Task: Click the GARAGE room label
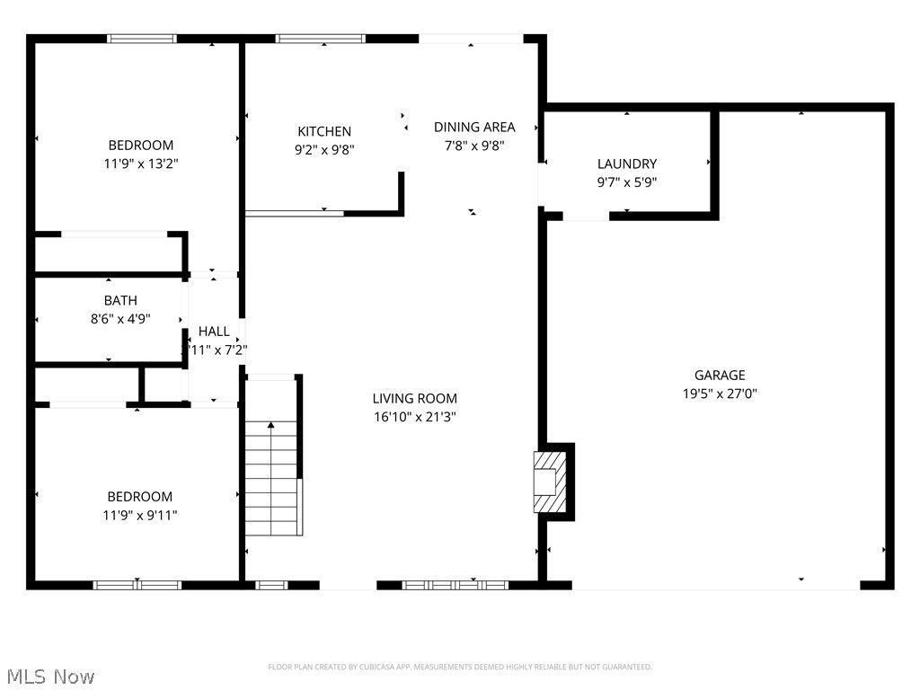719,376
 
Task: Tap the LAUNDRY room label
627,164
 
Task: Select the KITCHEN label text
324,131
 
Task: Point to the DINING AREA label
474,127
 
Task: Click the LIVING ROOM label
414,398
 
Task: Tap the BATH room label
120,300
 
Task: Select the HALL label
214,332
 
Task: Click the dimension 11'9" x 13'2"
140,164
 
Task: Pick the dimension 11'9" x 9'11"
139,515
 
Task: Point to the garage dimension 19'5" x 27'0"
719,394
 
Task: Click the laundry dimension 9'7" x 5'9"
627,182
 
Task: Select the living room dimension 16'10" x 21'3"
414,417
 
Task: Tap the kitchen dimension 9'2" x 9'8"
324,150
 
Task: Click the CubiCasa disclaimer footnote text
460,667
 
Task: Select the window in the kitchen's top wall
320,39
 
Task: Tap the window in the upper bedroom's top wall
142,39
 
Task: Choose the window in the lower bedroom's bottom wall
137,585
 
